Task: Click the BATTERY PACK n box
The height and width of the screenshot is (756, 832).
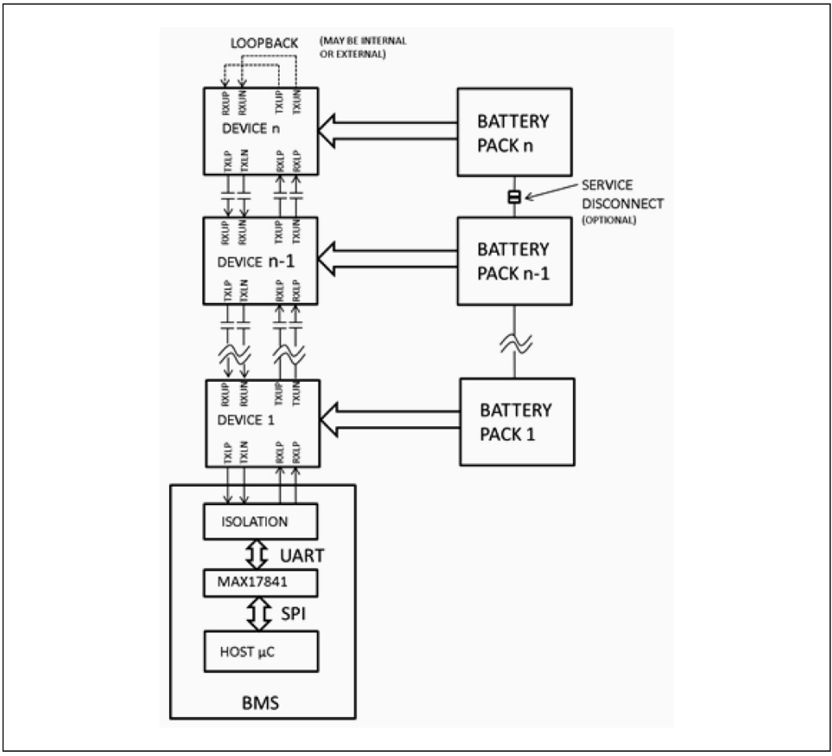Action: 514,131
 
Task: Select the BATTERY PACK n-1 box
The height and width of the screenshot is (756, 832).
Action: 514,260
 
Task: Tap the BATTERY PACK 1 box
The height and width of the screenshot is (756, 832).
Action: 517,422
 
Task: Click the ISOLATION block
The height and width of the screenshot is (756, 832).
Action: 260,522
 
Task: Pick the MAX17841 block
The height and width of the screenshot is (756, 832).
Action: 260,583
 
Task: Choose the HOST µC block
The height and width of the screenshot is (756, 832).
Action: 260,651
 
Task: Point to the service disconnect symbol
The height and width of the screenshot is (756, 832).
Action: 514,198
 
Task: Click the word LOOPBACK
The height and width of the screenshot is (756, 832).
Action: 263,44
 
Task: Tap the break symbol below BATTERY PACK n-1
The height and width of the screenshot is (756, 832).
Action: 514,343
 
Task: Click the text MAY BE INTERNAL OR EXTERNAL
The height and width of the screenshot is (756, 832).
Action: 363,47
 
